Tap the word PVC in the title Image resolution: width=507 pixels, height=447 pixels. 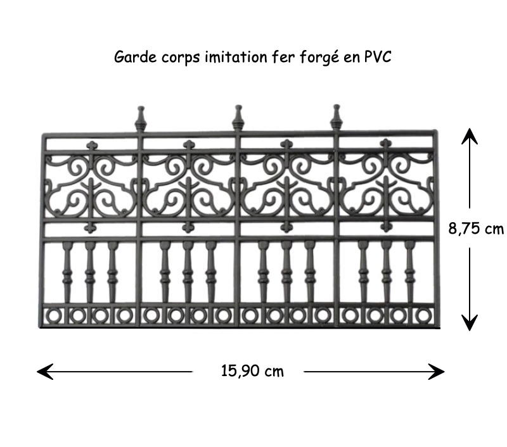pyautogui.click(x=378, y=57)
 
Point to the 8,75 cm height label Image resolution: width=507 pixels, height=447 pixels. pyautogui.click(x=476, y=229)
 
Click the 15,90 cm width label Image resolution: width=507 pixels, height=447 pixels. pyautogui.click(x=252, y=371)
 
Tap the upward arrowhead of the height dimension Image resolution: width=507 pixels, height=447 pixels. pyautogui.click(x=470, y=134)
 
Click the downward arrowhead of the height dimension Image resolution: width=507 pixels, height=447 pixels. pyautogui.click(x=470, y=323)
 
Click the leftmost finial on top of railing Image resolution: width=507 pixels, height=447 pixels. pyautogui.click(x=141, y=118)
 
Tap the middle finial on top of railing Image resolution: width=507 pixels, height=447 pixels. pyautogui.click(x=238, y=117)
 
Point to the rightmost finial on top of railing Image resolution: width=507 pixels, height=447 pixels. pyautogui.click(x=337, y=117)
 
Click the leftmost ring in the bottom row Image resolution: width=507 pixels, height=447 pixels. pyautogui.click(x=54, y=315)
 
